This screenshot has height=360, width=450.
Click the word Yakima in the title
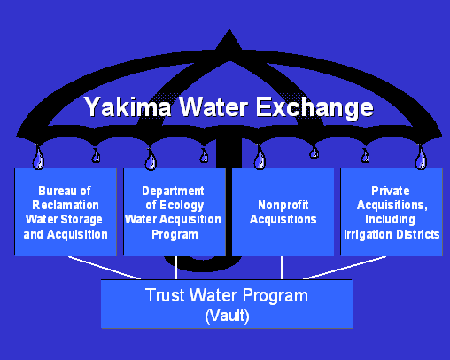[x=128, y=107]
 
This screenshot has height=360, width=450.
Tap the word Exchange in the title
[x=314, y=108]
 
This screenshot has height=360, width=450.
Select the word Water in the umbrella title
[x=213, y=107]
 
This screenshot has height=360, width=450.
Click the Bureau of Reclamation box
[x=66, y=212]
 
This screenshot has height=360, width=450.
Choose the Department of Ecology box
[x=175, y=212]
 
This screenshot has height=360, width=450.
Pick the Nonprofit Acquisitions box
[x=283, y=212]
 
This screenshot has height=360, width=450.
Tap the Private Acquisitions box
[x=392, y=212]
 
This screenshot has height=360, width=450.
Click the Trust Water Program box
[x=227, y=304]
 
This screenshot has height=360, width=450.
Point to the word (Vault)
[x=227, y=316]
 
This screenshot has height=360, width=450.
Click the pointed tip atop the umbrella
[x=229, y=30]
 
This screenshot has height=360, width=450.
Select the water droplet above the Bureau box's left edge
[x=38, y=158]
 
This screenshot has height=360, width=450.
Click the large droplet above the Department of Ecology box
[x=151, y=160]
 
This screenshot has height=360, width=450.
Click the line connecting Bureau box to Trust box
[x=105, y=268]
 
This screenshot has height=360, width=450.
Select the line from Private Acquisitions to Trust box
[x=345, y=268]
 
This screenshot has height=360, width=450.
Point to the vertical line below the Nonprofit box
[x=282, y=268]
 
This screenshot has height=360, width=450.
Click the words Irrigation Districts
[x=392, y=234]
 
